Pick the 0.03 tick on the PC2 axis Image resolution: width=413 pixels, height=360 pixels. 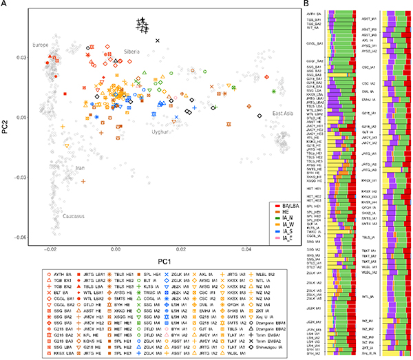tap(21, 57)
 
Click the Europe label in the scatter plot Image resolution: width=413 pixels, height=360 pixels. tap(43, 45)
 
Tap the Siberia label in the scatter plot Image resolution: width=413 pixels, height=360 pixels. tap(134, 52)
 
